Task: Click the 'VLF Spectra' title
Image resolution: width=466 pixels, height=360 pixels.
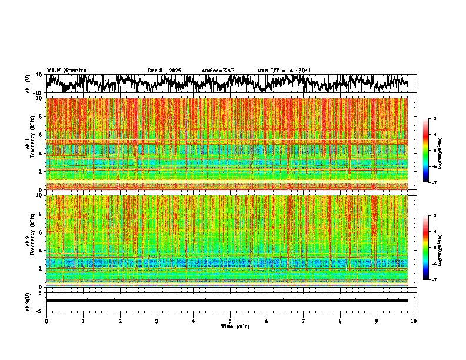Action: click(66, 70)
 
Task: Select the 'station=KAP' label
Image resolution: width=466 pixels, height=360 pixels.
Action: click(218, 71)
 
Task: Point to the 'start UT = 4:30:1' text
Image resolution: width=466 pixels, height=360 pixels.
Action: click(284, 71)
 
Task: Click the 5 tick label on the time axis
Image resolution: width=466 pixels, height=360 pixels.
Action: click(230, 321)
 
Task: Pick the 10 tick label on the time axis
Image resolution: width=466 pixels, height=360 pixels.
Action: click(414, 321)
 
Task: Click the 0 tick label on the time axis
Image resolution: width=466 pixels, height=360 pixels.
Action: click(46, 321)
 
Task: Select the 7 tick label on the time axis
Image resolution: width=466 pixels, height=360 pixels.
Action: click(304, 321)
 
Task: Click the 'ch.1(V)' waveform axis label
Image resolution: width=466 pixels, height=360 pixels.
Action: click(28, 84)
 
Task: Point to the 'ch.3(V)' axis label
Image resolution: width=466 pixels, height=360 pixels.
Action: click(28, 301)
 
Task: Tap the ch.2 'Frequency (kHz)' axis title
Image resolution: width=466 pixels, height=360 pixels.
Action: click(28, 241)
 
